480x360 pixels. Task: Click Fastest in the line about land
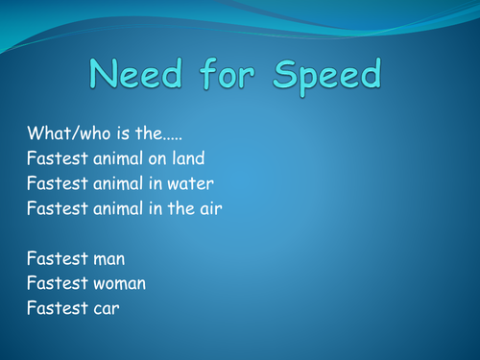point(54,156)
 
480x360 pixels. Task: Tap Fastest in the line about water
point(54,181)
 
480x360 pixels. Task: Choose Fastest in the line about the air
point(54,206)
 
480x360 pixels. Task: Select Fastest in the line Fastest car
point(54,307)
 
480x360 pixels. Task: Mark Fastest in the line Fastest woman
point(54,282)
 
